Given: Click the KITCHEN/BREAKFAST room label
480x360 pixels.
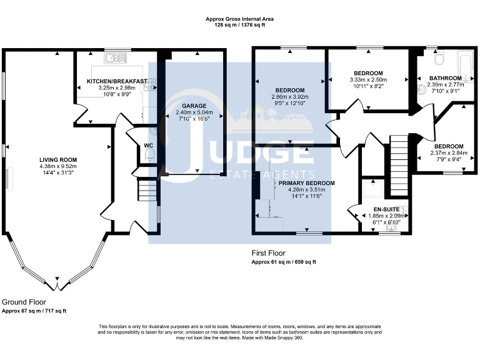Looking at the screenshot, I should [x=117, y=81].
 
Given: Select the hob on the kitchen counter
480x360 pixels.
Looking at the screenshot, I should [x=151, y=86].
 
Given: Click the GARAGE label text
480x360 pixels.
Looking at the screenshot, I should [x=189, y=106].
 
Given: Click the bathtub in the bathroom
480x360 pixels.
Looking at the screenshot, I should [x=465, y=66].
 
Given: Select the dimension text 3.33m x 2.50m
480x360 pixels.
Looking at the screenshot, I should [x=368, y=79].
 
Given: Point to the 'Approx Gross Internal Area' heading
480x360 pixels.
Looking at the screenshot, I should [x=240, y=19].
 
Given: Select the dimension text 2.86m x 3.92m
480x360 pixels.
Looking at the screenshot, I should [x=289, y=97].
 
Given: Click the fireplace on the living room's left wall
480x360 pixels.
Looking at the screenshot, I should [x=8, y=178].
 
